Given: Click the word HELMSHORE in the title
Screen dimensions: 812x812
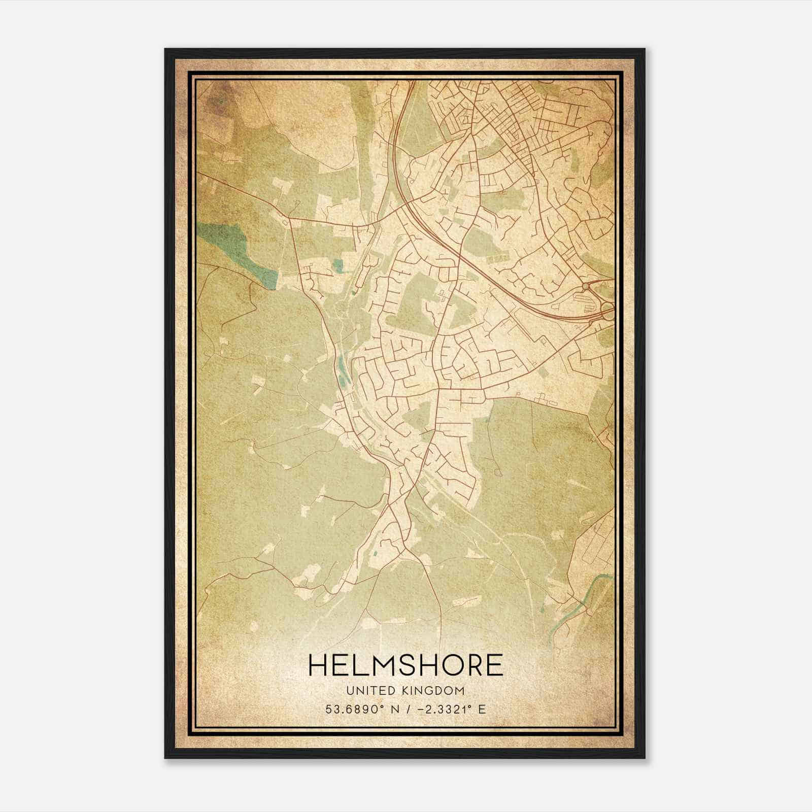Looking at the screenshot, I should (405, 665).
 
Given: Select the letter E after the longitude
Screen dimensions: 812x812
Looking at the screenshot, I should (482, 709).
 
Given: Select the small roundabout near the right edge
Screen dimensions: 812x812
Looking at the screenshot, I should (586, 287).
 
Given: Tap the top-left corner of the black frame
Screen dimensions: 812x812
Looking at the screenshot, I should (166, 50).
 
